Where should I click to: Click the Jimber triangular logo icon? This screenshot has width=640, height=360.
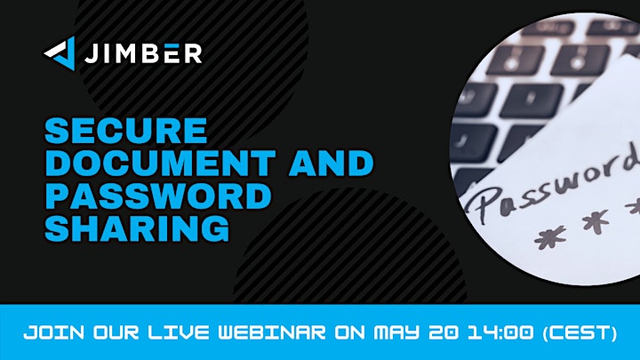coord(61,53)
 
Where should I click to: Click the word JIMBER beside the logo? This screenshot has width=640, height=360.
coord(143,53)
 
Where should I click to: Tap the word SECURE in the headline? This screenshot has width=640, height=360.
coord(125,131)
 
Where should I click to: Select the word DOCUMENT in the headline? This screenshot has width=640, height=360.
coord(160,163)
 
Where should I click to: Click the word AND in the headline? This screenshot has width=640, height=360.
coord(331,163)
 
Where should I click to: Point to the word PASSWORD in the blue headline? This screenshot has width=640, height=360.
coord(158,196)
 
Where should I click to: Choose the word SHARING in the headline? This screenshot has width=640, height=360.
coord(137,228)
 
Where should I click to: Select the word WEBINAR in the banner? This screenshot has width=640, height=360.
coord(272,332)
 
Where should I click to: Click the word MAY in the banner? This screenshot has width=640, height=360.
coord(396,332)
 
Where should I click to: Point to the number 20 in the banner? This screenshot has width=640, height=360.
coord(444,332)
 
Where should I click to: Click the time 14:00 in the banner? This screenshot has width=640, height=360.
coord(500,332)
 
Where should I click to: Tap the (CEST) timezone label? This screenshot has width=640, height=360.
coord(580,333)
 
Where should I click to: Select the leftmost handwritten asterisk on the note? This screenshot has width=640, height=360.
coord(550,236)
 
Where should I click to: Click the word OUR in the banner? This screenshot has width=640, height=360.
coord(116,332)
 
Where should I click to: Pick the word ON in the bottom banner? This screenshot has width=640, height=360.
coord(350,332)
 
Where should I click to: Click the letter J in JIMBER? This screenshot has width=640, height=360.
coord(92,53)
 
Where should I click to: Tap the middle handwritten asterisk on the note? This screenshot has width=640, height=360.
coord(596,220)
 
